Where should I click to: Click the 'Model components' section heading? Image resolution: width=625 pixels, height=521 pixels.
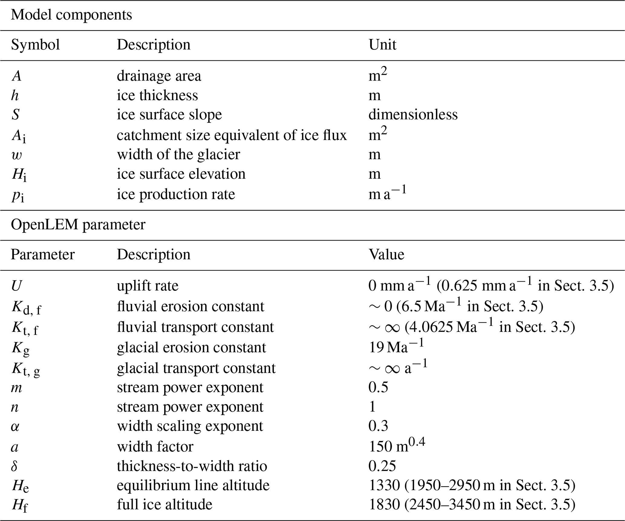click(71, 15)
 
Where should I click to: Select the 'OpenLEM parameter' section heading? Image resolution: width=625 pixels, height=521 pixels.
click(78, 225)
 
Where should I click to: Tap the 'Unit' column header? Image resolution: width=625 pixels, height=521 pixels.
click(382, 45)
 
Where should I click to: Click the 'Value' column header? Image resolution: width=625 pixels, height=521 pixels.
click(386, 255)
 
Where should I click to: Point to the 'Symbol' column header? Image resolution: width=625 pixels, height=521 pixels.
click(35, 45)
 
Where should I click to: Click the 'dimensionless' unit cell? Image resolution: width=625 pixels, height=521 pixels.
click(413, 115)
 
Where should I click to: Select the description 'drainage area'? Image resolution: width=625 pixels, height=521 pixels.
click(159, 76)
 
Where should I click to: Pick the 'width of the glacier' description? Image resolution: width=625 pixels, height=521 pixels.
click(178, 155)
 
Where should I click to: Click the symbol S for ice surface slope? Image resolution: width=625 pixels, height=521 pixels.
click(16, 115)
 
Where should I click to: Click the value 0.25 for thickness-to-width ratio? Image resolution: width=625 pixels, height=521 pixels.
click(382, 466)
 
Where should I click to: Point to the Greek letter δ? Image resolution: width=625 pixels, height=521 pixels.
click(15, 466)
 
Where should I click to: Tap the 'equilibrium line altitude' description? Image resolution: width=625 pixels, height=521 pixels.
click(193, 485)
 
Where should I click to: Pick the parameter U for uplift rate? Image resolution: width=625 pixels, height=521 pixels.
click(16, 286)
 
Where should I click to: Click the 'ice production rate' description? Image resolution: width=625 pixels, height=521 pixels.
click(176, 194)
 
